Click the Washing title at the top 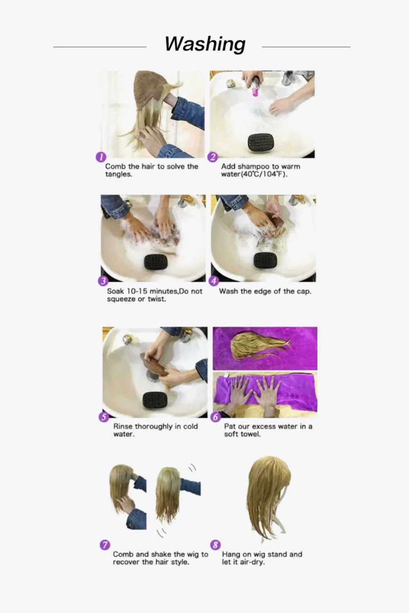205,44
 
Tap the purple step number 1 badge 101,157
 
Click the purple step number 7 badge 105,545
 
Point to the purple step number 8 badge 216,545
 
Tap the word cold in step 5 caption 190,426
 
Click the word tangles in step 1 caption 119,175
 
